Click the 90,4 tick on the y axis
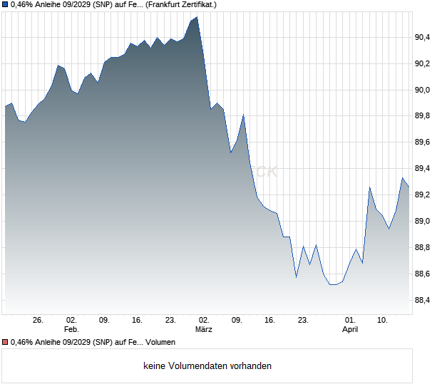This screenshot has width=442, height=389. point(423,37)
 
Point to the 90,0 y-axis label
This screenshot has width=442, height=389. point(423,90)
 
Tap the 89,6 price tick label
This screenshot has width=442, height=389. point(423,142)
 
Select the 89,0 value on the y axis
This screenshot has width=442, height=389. point(423,222)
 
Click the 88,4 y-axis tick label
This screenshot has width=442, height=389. point(423,301)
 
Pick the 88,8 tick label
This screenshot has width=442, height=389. point(423,248)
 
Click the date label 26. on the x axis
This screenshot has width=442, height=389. point(38,320)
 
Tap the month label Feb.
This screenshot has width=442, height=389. point(71,330)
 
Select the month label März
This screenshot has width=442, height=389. point(204,330)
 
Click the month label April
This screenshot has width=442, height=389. point(350,330)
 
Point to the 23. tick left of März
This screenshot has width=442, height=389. point(170,320)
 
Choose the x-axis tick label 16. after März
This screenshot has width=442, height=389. point(269,320)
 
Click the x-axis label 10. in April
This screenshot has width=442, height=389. point(383,320)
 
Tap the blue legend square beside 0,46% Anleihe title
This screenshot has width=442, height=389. point(5,5)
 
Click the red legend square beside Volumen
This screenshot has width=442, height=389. point(5,343)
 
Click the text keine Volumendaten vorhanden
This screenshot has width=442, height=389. point(207,366)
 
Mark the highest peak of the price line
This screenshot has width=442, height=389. point(197,17)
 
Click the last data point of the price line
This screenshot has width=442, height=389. point(408,187)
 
